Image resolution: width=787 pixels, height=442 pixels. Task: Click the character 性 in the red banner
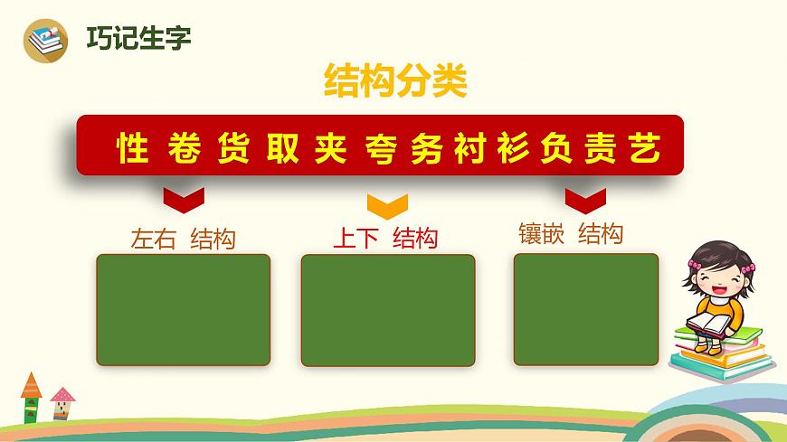pyautogui.click(x=133, y=147)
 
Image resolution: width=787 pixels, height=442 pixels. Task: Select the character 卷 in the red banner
pyautogui.click(x=185, y=147)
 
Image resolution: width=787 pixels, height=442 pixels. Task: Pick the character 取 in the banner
pyautogui.click(x=283, y=147)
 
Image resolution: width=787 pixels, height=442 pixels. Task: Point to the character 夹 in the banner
pyautogui.click(x=332, y=147)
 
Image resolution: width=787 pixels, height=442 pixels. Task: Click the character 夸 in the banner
pyautogui.click(x=382, y=147)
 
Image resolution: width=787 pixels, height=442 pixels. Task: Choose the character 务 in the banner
pyautogui.click(x=429, y=147)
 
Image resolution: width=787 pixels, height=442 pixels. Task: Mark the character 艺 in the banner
pyautogui.click(x=645, y=147)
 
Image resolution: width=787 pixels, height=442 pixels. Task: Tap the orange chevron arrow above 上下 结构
pyautogui.click(x=386, y=205)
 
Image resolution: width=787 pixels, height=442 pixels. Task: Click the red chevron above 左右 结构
pyautogui.click(x=183, y=196)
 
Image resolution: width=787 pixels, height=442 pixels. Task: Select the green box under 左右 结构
pyautogui.click(x=184, y=309)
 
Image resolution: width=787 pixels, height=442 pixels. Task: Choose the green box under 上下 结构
pyautogui.click(x=388, y=310)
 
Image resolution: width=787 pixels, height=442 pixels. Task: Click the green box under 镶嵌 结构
pyautogui.click(x=586, y=309)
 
